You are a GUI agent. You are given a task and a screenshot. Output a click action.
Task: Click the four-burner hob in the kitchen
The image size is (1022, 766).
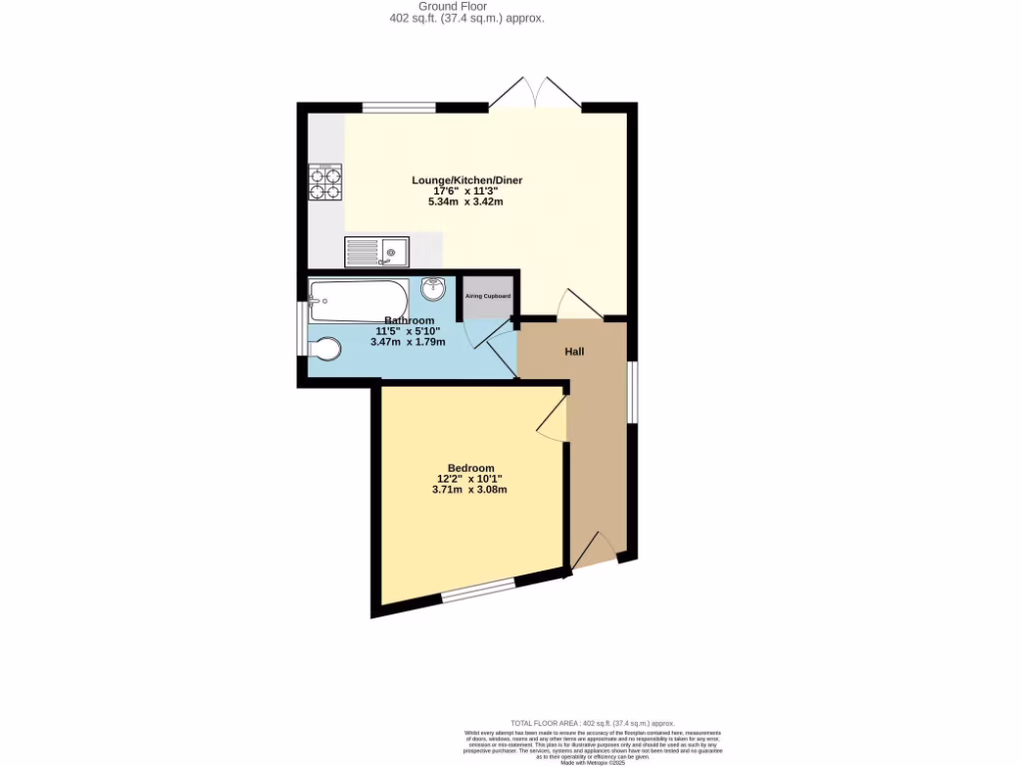[x=325, y=183]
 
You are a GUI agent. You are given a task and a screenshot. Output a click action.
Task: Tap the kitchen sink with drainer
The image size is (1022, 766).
[x=376, y=252]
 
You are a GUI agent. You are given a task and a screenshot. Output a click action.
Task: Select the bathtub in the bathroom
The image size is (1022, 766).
[x=358, y=296]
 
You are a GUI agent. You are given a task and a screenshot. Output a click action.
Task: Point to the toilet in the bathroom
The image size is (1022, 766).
[x=324, y=349]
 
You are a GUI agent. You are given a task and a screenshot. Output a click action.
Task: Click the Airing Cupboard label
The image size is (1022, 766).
[x=487, y=296]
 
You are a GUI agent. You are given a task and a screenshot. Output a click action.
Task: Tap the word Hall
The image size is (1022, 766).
[x=574, y=352]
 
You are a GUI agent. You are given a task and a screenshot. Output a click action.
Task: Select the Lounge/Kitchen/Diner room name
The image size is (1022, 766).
[x=467, y=181]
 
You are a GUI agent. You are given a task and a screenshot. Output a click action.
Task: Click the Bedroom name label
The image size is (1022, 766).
[x=470, y=468]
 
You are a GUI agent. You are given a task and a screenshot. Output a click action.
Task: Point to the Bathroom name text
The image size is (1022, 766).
[x=409, y=320]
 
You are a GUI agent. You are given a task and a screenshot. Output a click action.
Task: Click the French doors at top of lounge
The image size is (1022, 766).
[x=536, y=94]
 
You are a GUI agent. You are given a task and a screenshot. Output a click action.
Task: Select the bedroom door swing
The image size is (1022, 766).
[x=551, y=419]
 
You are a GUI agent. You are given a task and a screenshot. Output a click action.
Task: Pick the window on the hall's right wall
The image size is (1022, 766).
[x=632, y=391]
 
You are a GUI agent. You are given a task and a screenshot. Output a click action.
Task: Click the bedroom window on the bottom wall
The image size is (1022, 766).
[x=478, y=592]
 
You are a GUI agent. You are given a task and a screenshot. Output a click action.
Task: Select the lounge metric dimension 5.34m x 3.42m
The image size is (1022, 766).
[x=466, y=201]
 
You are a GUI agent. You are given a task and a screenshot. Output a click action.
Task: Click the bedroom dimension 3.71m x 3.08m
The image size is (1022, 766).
[x=470, y=490]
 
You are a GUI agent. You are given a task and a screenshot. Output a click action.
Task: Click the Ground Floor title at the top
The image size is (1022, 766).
[x=466, y=6]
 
